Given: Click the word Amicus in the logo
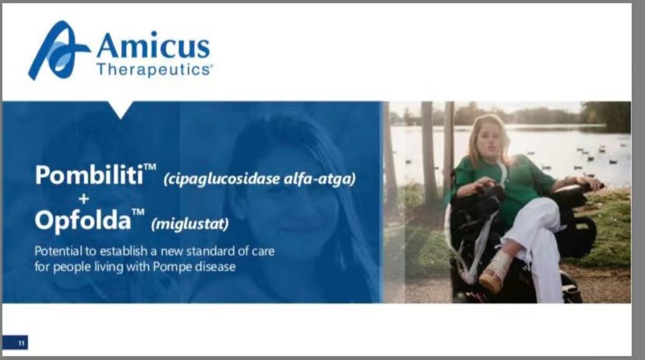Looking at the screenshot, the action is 153,45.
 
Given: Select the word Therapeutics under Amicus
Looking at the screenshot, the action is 154,69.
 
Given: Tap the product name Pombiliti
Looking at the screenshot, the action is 89,174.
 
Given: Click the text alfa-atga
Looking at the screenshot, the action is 320,179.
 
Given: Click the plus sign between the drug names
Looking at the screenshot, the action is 84,199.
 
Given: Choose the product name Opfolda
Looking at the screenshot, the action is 82,220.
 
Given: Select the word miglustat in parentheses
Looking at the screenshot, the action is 190,224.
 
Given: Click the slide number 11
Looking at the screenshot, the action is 21,343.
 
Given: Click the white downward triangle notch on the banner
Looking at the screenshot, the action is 121,109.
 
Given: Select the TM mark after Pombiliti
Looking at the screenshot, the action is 150,167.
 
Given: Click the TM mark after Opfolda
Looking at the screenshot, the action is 138,212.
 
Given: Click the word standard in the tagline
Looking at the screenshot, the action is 211,251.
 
